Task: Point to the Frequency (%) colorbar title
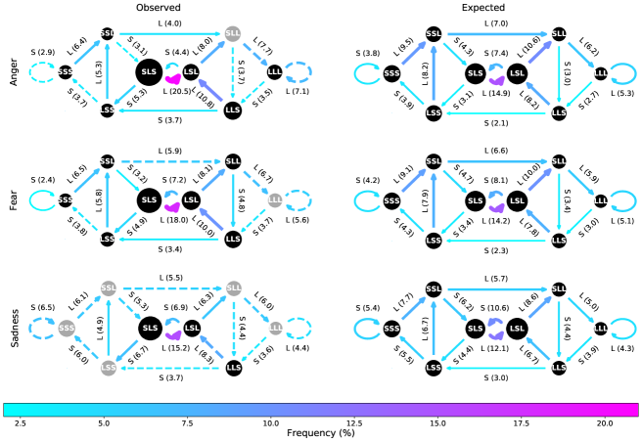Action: click(x=321, y=431)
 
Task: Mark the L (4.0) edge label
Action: click(x=167, y=22)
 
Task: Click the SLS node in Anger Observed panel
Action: click(x=150, y=72)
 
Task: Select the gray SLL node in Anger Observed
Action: click(x=233, y=35)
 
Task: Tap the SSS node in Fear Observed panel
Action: click(x=66, y=200)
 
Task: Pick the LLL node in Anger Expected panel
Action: click(x=600, y=72)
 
